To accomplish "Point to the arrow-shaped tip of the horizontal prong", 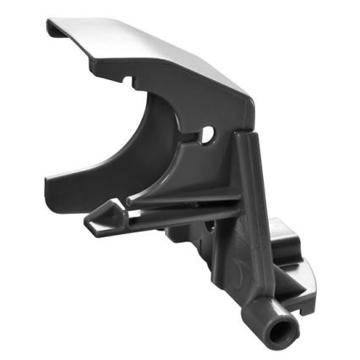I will click(94, 222).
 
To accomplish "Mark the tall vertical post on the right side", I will click(245, 211).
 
